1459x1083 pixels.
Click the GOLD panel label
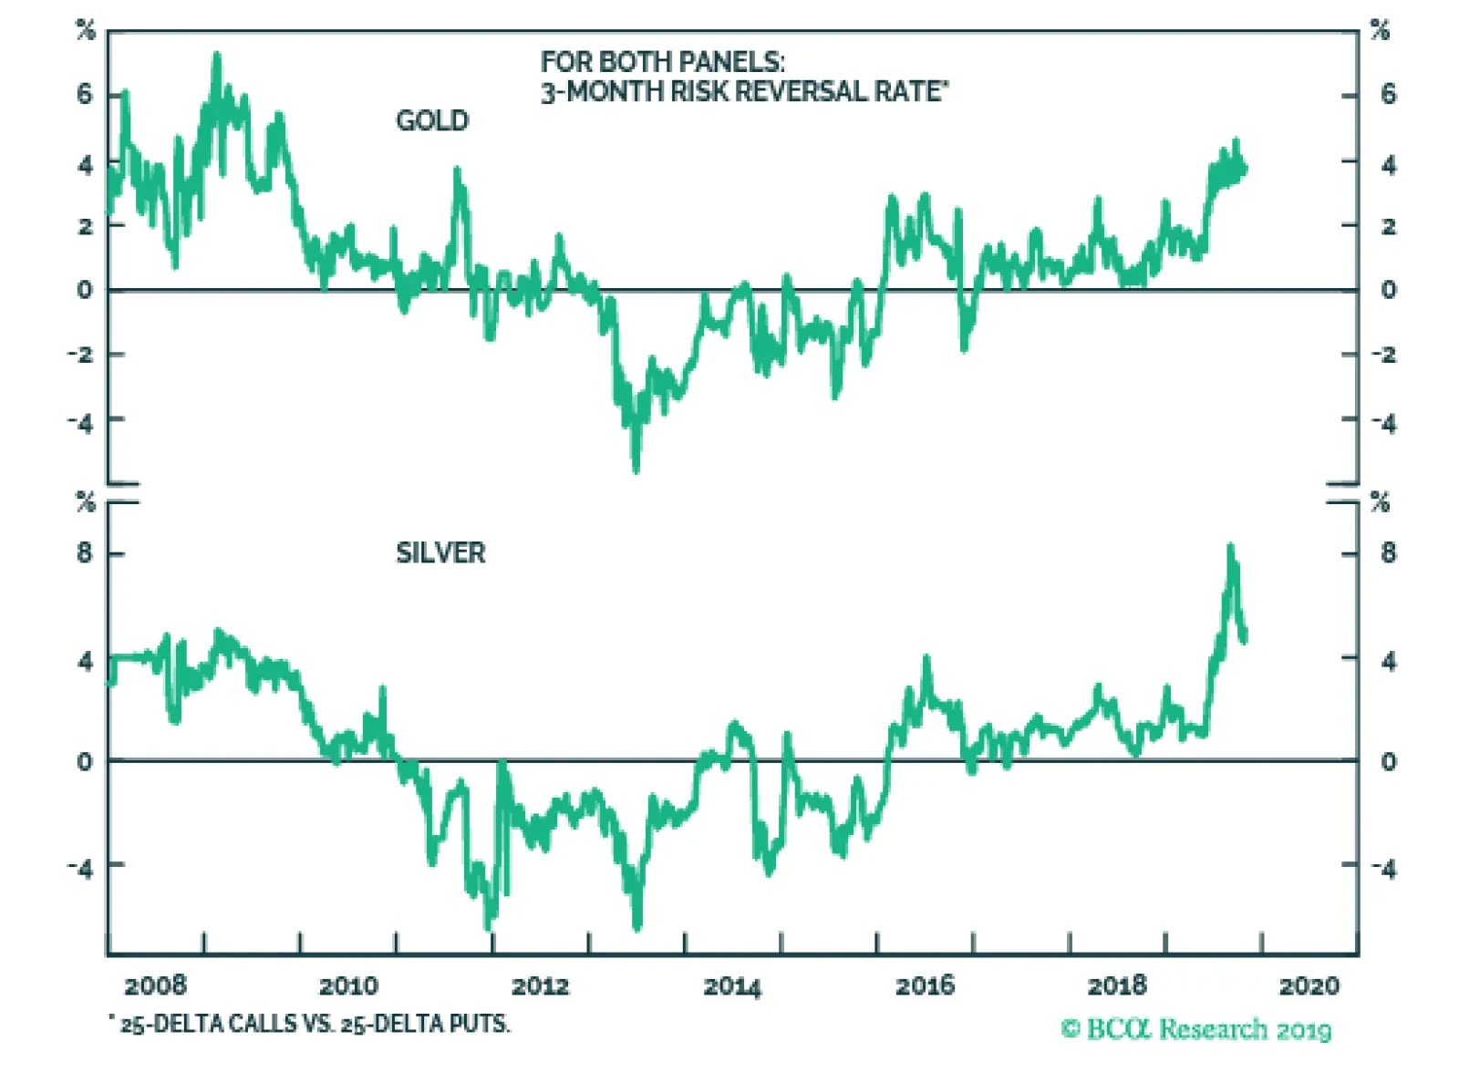[431, 120]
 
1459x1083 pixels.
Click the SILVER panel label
[440, 552]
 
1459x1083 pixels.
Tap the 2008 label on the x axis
[155, 985]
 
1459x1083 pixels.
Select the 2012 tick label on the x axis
[540, 985]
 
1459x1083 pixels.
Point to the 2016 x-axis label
[925, 985]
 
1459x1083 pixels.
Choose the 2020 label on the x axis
[1309, 985]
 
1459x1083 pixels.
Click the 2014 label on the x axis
[732, 985]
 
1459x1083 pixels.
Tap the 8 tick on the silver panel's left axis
[85, 552]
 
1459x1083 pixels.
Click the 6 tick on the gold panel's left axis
[85, 93]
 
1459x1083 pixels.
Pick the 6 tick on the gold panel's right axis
[1388, 93]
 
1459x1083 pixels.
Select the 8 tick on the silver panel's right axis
[1388, 552]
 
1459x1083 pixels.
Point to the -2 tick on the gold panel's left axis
[81, 354]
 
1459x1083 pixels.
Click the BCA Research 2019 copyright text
[1195, 1029]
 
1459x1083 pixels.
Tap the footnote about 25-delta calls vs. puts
[310, 1024]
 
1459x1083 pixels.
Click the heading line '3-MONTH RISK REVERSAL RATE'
[743, 91]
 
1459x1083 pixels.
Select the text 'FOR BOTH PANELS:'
[662, 62]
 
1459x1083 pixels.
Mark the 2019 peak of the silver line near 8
[1230, 547]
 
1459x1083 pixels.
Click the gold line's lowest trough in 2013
[636, 469]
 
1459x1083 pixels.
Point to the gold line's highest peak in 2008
[217, 57]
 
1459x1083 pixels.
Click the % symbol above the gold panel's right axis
[1380, 31]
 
